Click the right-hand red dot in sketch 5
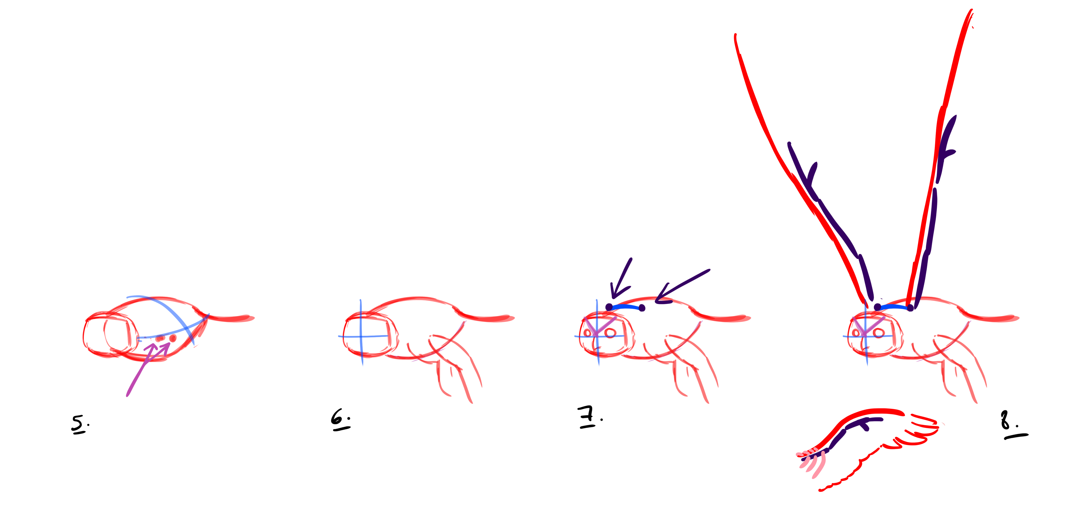point(173,338)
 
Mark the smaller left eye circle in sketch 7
point(588,333)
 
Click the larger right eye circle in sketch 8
point(879,333)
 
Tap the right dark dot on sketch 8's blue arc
point(910,308)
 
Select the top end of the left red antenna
point(735,35)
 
